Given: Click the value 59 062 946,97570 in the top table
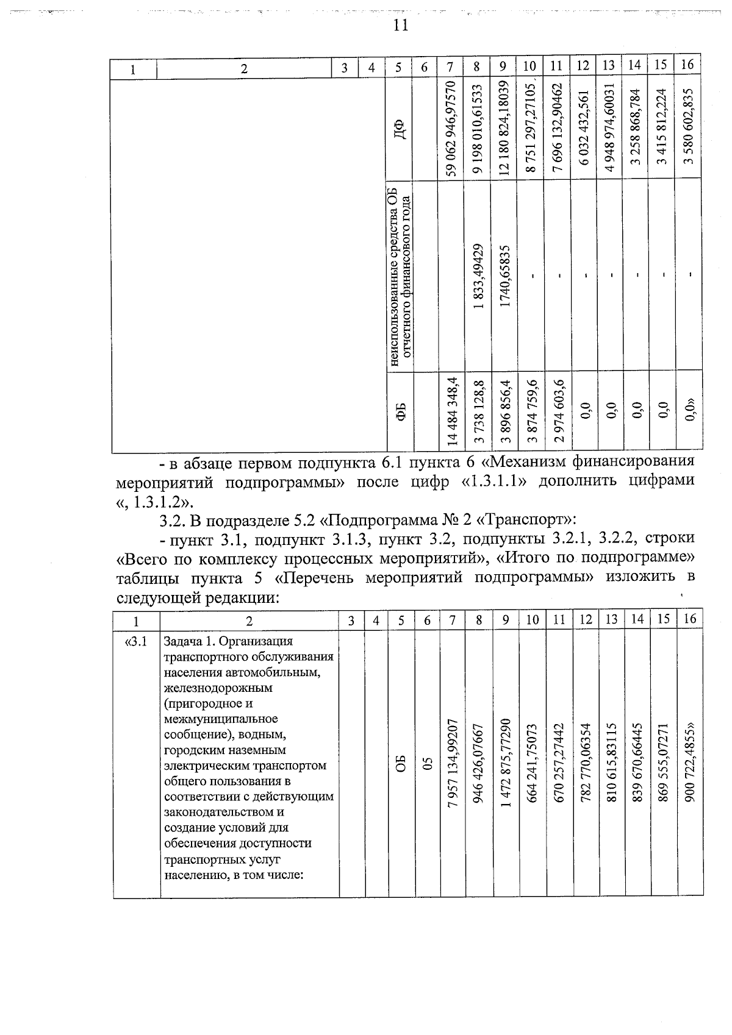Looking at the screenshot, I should pos(451,129).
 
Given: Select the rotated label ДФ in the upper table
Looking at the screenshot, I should pos(399,129).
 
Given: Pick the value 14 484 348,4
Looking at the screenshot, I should pos(451,413).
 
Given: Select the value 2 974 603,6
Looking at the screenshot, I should pos(557,413).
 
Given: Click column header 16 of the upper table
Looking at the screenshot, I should pos(687,65).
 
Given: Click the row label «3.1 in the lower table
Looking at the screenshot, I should pos(135,641).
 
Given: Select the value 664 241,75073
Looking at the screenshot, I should pos(532,763).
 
